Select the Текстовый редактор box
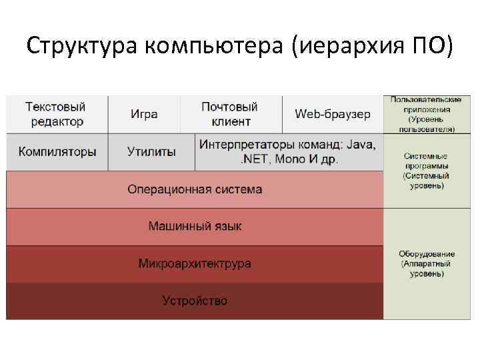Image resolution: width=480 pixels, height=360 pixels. click(x=56, y=114)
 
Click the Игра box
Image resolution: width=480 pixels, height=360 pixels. click(x=144, y=114)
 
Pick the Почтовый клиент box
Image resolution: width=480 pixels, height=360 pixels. click(x=230, y=114)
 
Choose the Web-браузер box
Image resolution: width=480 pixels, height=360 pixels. click(x=333, y=114)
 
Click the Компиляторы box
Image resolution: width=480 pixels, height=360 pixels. click(x=57, y=151)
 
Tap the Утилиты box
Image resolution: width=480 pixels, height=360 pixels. click(x=151, y=151)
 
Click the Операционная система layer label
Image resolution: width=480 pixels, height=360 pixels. click(x=195, y=189)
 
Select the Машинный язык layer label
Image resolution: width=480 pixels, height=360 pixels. click(x=195, y=227)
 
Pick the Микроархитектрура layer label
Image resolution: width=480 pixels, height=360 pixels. click(x=195, y=263)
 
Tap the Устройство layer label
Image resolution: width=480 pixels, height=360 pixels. click(x=195, y=301)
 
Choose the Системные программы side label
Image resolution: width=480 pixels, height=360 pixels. click(x=427, y=171)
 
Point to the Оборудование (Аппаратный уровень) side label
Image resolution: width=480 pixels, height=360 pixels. click(x=427, y=263)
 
